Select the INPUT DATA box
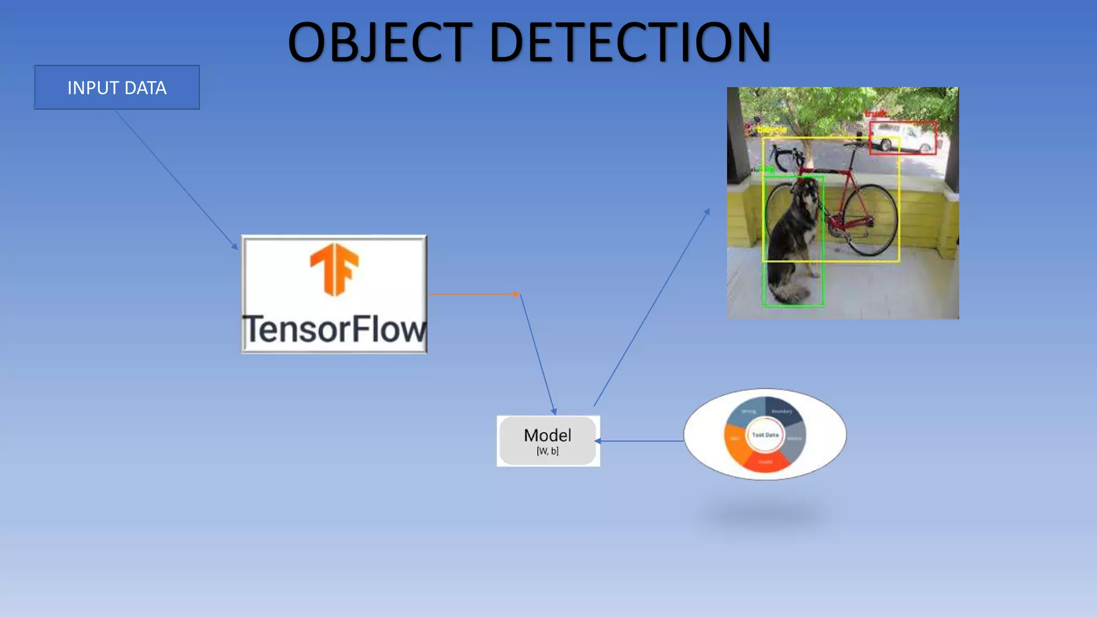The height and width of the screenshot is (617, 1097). (x=117, y=88)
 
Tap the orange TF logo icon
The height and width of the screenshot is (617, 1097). (x=334, y=269)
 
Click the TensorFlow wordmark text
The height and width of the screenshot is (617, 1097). (x=334, y=329)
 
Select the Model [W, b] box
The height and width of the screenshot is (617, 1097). (x=547, y=441)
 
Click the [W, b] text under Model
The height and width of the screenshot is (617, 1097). (x=547, y=452)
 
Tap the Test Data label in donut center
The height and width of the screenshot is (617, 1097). (x=765, y=435)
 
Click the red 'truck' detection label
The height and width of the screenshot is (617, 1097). (x=875, y=114)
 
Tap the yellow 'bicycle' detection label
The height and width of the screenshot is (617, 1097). (x=771, y=130)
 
